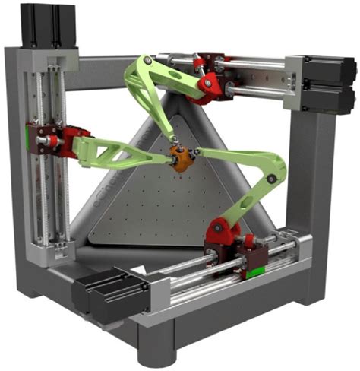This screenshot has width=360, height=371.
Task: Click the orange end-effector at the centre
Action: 180,159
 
